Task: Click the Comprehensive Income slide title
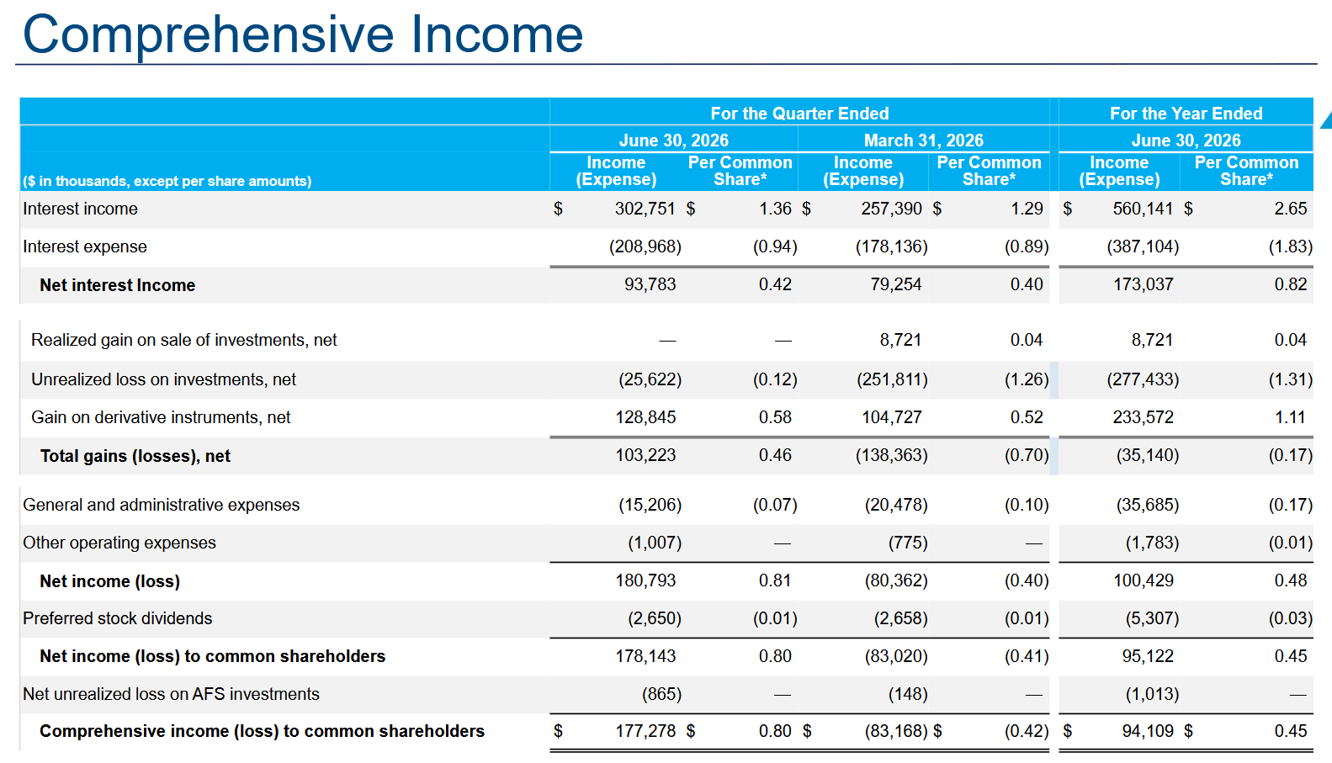click(303, 34)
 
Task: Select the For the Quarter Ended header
click(799, 113)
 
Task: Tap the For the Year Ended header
click(1186, 113)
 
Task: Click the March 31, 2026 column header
click(923, 140)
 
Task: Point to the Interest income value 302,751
click(645, 209)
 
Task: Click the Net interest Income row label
click(117, 285)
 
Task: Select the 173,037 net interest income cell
click(1143, 285)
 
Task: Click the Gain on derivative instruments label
click(161, 417)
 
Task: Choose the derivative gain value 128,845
click(645, 417)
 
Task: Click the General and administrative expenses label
click(162, 505)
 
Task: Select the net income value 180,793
click(645, 580)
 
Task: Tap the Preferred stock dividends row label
click(117, 618)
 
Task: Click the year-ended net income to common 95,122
click(1148, 656)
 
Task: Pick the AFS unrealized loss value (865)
click(661, 694)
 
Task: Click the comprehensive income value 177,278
click(645, 732)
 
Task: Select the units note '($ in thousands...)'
click(167, 182)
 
